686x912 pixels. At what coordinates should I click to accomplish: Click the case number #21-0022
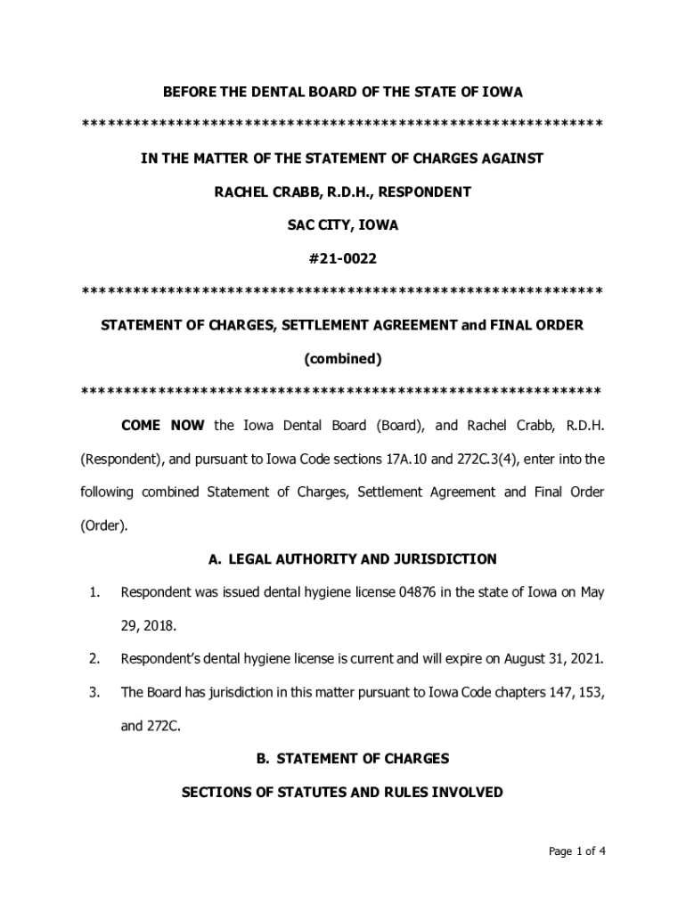click(342, 259)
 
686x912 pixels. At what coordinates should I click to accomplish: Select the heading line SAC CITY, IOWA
click(342, 225)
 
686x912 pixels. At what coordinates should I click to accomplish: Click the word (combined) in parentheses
click(342, 359)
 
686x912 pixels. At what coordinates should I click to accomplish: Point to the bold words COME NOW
click(163, 426)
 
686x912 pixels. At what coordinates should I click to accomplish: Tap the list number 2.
click(93, 659)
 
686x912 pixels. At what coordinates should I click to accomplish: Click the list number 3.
click(93, 692)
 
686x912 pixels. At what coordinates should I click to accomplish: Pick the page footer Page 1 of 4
click(577, 851)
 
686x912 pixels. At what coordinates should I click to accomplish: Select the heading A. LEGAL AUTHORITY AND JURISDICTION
click(352, 559)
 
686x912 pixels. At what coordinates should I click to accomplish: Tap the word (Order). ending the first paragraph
click(104, 525)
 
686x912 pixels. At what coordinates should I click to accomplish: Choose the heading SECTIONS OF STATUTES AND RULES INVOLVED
click(342, 792)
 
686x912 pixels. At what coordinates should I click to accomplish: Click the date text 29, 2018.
click(148, 626)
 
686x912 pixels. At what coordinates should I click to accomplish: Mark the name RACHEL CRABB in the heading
click(259, 191)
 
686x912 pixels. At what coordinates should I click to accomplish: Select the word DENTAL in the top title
click(257, 92)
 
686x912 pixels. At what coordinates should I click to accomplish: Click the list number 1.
click(93, 592)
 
